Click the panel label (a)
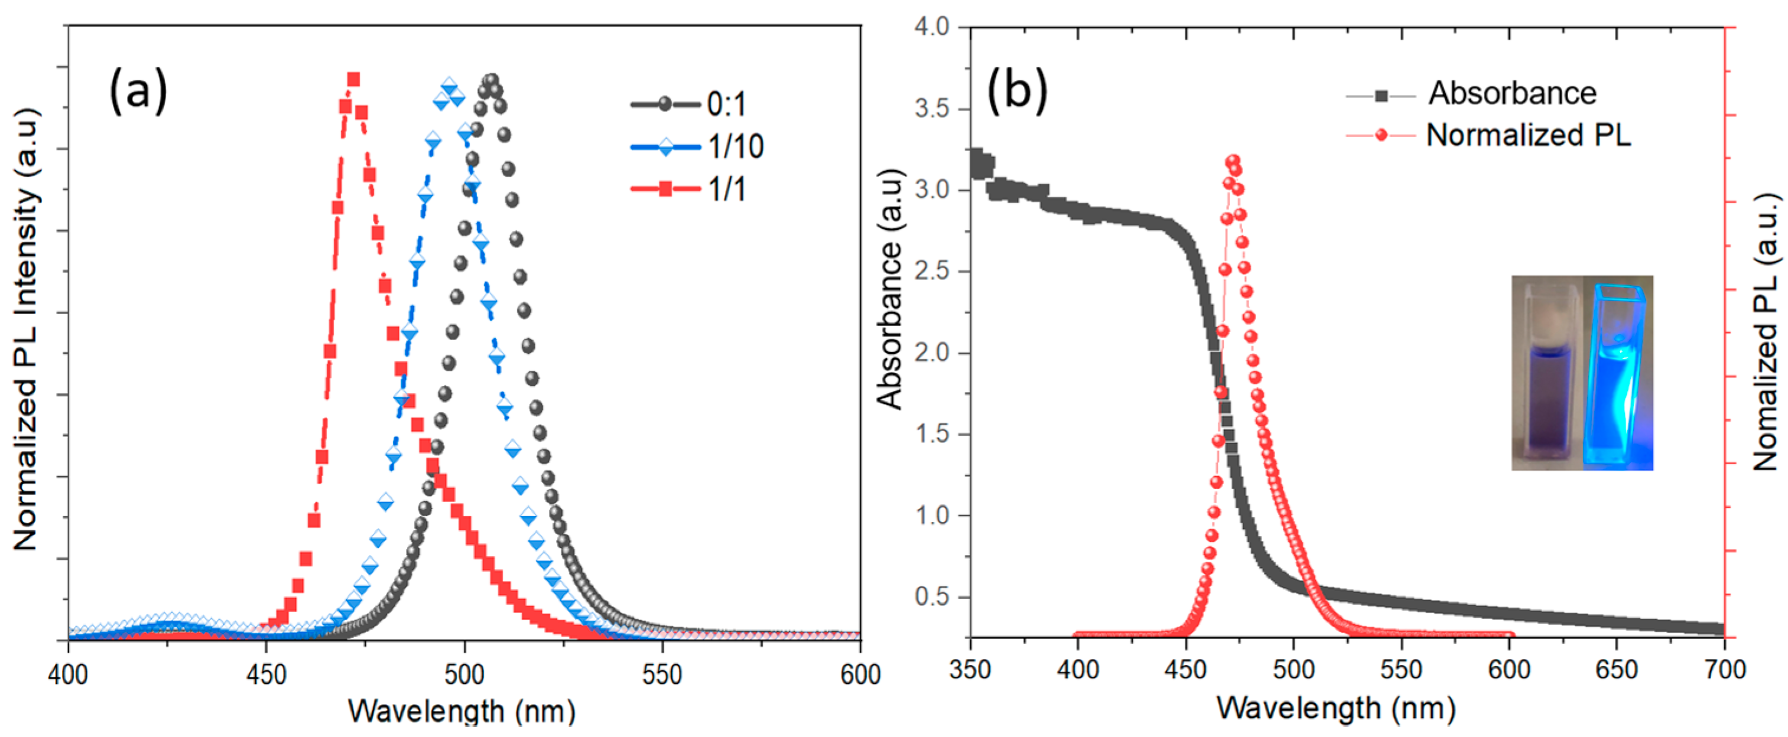pyautogui.click(x=138, y=91)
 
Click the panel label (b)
pyautogui.click(x=1017, y=91)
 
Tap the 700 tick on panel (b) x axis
pyautogui.click(x=1724, y=669)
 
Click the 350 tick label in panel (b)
pyautogui.click(x=970, y=669)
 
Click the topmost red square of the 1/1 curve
pyautogui.click(x=353, y=79)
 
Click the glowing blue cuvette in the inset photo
pyautogui.click(x=1617, y=375)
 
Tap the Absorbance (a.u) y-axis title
pyautogui.click(x=890, y=289)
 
